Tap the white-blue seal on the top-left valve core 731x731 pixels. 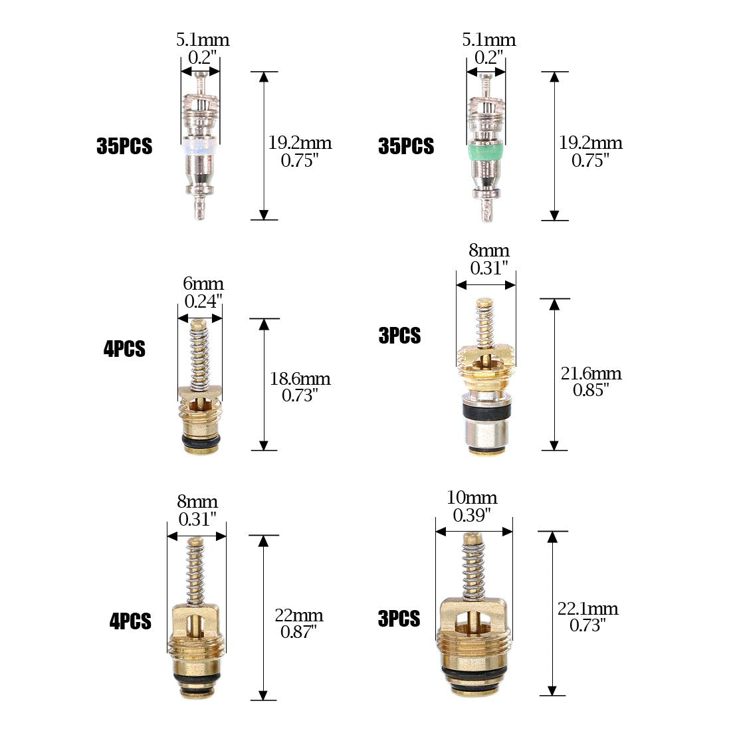[x=200, y=146]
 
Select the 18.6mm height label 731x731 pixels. [x=300, y=378]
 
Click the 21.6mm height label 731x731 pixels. [x=591, y=373]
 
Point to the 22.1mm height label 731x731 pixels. [x=588, y=608]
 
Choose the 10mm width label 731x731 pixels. [x=472, y=498]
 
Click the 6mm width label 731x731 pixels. [x=203, y=284]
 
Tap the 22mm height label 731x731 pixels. [x=299, y=615]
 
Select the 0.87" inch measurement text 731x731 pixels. [x=299, y=632]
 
